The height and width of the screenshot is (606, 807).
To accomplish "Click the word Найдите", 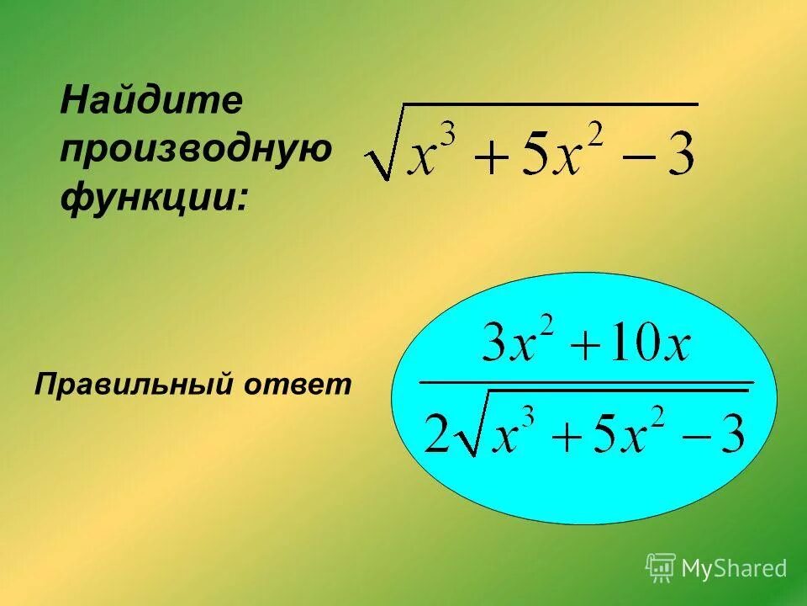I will [152, 103].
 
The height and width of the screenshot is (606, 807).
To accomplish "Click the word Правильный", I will [130, 385].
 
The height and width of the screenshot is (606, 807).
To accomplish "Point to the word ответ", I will [298, 385].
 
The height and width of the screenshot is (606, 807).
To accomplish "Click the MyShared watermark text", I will [734, 569].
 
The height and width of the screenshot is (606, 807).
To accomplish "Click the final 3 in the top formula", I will [679, 158].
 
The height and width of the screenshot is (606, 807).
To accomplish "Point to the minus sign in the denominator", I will [694, 439].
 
